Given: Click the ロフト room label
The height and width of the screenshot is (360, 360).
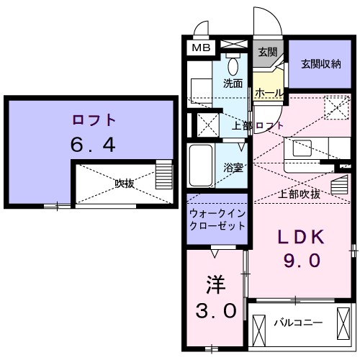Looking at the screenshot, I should pyautogui.click(x=94, y=120).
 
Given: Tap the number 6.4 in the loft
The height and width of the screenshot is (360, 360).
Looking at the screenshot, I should pyautogui.click(x=93, y=145).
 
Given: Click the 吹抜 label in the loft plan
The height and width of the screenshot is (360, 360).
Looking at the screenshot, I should pyautogui.click(x=125, y=183).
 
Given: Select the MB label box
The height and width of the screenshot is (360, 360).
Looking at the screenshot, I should pyautogui.click(x=200, y=48).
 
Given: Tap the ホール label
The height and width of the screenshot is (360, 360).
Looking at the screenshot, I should pyautogui.click(x=269, y=93).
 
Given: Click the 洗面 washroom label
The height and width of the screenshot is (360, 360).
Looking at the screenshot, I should pyautogui.click(x=232, y=83).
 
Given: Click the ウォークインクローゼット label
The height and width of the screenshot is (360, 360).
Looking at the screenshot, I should pyautogui.click(x=217, y=220).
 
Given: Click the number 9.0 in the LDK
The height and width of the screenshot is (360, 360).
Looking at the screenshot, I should pyautogui.click(x=302, y=261).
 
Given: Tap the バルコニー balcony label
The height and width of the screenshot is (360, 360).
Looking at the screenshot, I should pyautogui.click(x=297, y=323).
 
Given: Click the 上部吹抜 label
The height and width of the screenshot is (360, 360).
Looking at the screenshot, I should pyautogui.click(x=299, y=194).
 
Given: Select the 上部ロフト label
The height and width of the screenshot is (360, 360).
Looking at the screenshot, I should pyautogui.click(x=257, y=126).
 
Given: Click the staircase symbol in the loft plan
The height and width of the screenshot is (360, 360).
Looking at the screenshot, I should pyautogui.click(x=165, y=175).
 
